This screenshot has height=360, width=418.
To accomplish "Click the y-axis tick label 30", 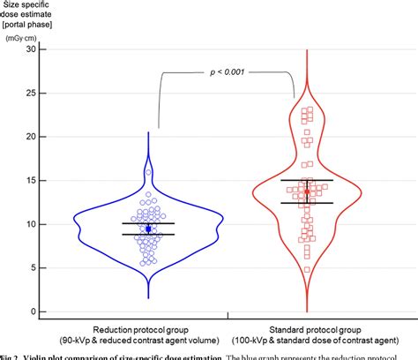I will click(x=31, y=49).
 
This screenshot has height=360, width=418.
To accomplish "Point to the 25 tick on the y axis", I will click(x=31, y=93).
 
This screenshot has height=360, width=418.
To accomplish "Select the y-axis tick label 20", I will click(x=31, y=137).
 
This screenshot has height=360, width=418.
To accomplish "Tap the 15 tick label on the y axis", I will click(x=31, y=180).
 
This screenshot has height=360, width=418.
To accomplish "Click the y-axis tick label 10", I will click(x=31, y=224).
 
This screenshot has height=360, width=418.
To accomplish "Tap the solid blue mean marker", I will click(x=148, y=229).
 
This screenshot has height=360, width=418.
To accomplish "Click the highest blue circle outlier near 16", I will click(x=148, y=171).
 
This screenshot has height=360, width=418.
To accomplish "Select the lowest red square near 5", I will click(x=306, y=269).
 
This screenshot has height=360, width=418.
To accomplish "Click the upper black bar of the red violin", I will click(x=307, y=180).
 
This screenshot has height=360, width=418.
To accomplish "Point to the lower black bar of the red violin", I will click(x=307, y=203).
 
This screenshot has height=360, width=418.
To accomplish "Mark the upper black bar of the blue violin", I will click(x=148, y=223).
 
